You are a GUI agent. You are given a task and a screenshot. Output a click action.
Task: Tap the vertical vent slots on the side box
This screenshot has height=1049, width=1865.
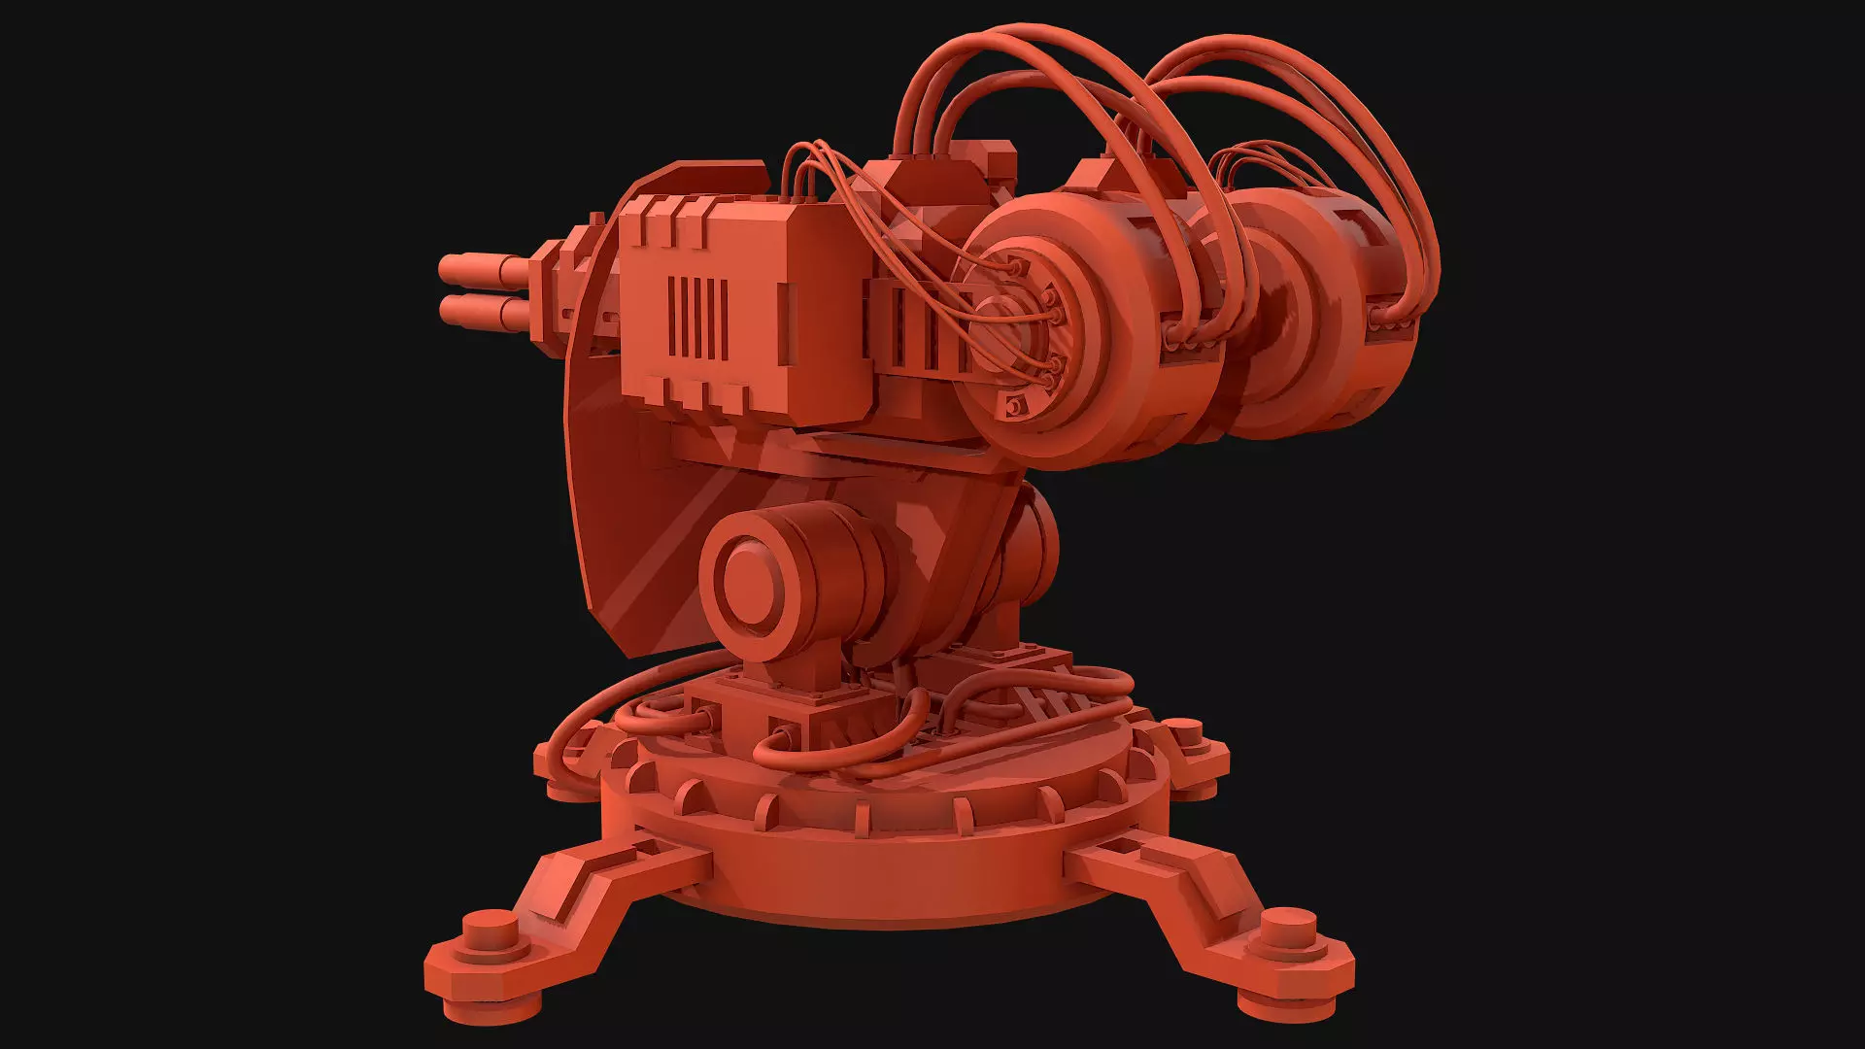coord(698,318)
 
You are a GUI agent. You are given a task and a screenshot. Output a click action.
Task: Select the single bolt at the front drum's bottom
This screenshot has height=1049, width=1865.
coord(1016,405)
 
